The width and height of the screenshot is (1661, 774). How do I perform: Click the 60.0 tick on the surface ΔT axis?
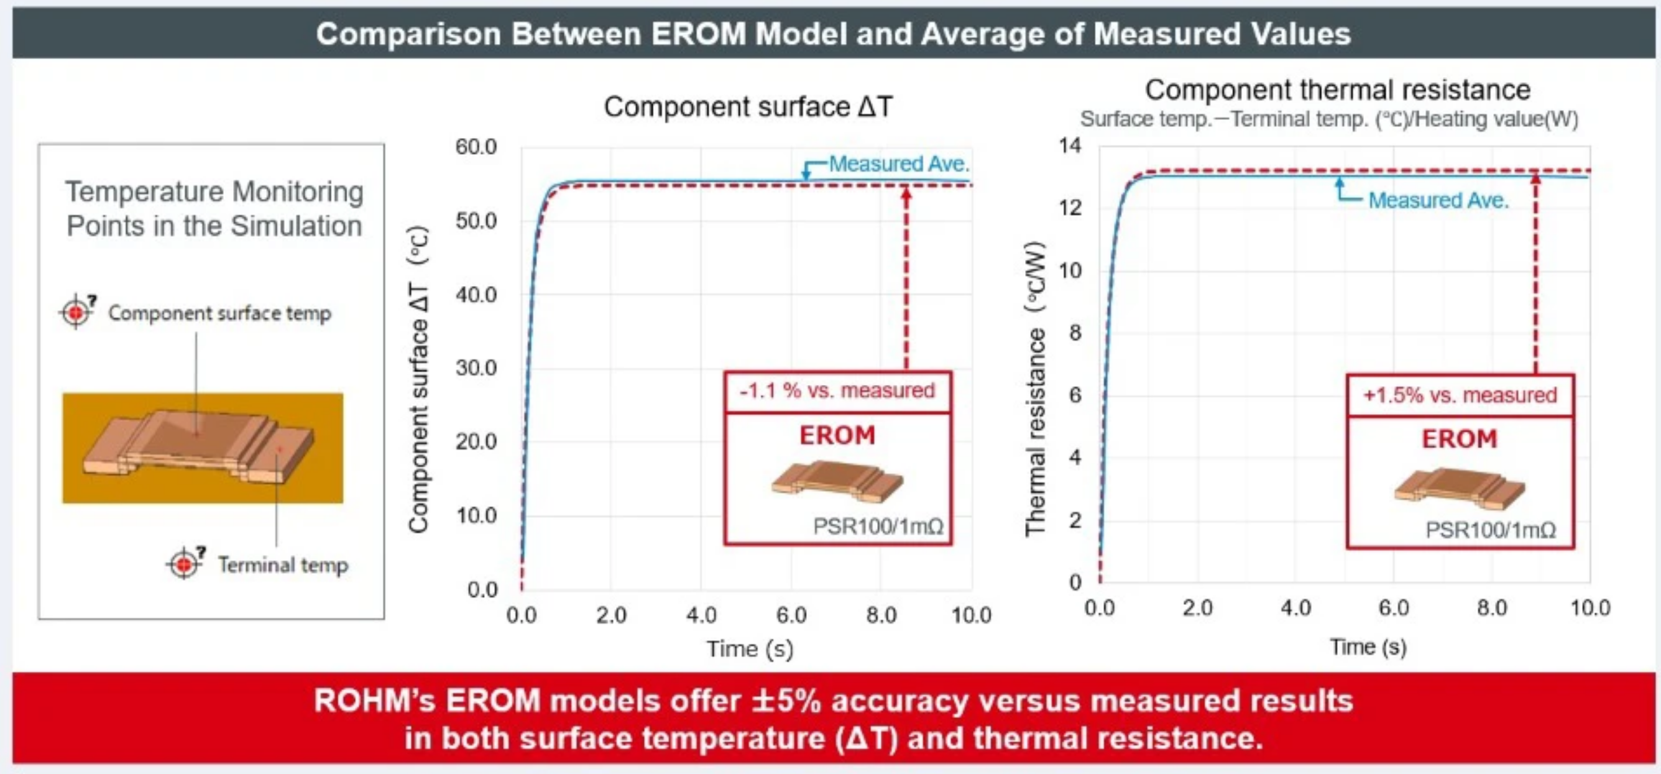476,147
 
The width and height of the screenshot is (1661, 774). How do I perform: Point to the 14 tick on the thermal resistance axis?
1070,145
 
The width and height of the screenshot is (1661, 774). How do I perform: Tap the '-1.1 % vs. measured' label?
837,391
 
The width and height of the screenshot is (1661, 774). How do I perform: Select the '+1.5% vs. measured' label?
1460,395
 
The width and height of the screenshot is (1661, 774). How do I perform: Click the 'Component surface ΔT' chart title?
748,107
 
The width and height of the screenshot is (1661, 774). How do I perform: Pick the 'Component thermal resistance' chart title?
1337,90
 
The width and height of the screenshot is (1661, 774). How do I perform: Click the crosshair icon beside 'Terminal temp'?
185,564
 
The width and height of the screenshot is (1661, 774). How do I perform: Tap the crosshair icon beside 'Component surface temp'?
76,312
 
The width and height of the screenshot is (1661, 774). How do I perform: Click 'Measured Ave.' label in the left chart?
899,164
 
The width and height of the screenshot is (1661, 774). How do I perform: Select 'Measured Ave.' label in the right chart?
1438,201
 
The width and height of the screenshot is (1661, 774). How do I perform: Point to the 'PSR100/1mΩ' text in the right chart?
1490,530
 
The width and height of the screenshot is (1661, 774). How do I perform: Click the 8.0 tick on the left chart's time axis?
881,615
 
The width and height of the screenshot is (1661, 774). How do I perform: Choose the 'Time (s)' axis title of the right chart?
1368,647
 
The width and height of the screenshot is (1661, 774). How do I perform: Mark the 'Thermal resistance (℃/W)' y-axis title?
1036,389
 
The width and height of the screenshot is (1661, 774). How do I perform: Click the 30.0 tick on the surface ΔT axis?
476,368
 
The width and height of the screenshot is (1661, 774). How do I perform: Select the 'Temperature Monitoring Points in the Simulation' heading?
214,209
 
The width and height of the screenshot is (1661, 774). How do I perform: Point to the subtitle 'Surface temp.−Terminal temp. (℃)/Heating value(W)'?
1329,120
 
